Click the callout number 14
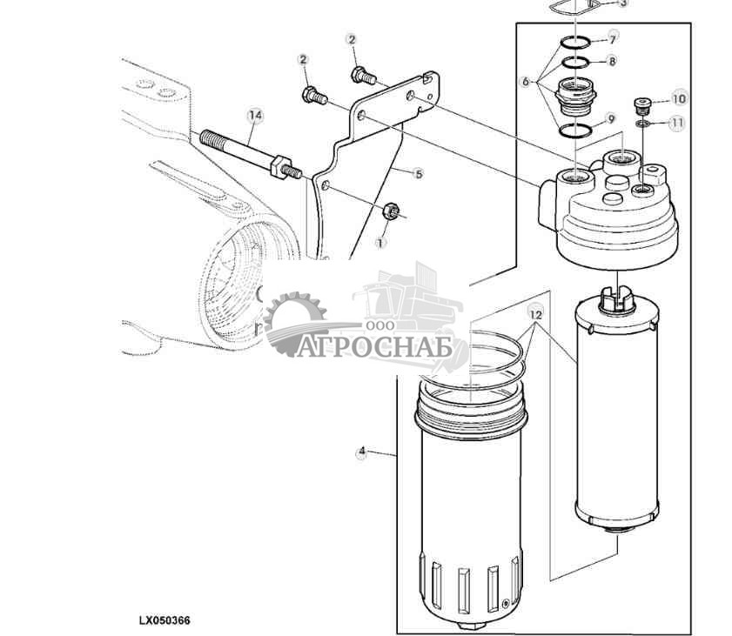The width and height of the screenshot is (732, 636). tap(255, 115)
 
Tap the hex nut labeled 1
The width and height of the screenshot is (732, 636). tap(391, 211)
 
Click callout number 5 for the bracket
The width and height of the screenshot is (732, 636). tap(419, 174)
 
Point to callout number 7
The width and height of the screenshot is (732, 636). tap(613, 38)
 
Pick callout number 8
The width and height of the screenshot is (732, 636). tap(612, 61)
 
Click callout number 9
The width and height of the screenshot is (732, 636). tap(611, 119)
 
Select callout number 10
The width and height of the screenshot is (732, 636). tap(679, 98)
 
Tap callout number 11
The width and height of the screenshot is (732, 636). tap(677, 123)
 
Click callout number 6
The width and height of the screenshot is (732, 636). tap(526, 82)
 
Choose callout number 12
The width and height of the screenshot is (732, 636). tap(536, 315)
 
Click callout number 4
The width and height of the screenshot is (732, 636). tap(362, 452)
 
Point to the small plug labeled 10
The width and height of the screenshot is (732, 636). tap(642, 104)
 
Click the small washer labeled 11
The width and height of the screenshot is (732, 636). tap(643, 124)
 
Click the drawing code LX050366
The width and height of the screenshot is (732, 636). tap(165, 620)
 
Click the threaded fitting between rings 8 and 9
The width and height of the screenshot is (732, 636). tap(576, 97)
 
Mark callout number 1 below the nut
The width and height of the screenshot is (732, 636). tap(380, 243)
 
